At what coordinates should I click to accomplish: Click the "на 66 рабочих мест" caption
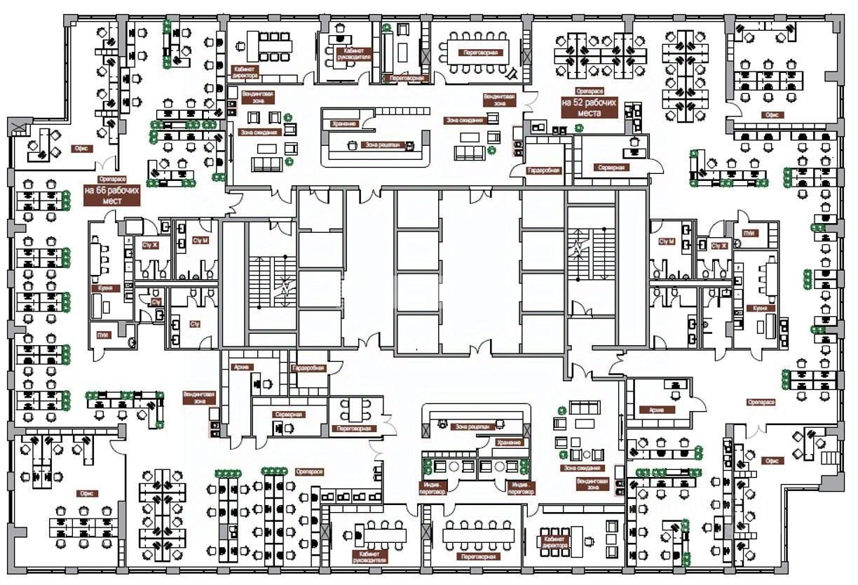pyautogui.click(x=112, y=195)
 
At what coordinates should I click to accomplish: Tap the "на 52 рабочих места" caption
pyautogui.click(x=589, y=107)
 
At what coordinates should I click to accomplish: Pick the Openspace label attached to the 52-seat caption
pyautogui.click(x=589, y=91)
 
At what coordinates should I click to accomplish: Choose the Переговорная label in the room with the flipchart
pyautogui.click(x=479, y=53)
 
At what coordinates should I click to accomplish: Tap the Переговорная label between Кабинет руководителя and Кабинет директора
pyautogui.click(x=479, y=556)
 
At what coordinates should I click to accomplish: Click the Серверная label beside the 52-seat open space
pyautogui.click(x=611, y=168)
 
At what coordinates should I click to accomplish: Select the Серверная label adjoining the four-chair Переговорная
pyautogui.click(x=288, y=415)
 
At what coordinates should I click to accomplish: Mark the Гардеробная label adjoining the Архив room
pyautogui.click(x=308, y=368)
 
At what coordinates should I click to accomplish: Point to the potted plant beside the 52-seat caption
pyautogui.click(x=579, y=128)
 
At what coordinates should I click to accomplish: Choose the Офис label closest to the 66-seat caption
pyautogui.click(x=79, y=149)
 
